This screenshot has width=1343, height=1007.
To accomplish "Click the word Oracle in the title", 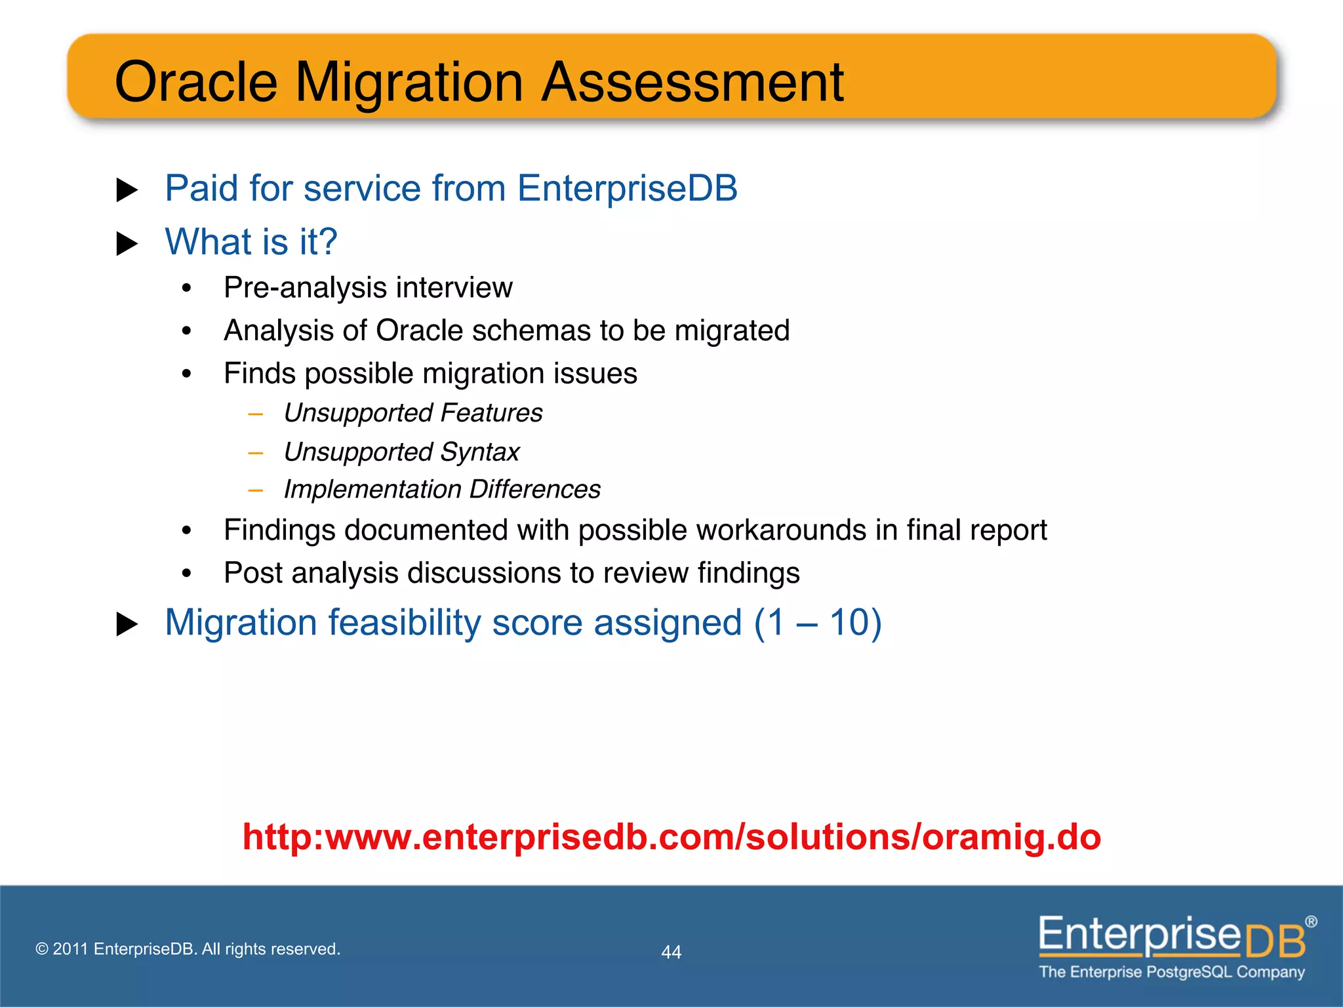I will pos(196,83).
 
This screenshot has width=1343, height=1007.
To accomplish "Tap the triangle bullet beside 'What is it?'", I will pos(127,244).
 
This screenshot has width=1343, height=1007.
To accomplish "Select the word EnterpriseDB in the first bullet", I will pos(627,189).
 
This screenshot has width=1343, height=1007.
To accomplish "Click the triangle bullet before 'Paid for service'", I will pos(127,190).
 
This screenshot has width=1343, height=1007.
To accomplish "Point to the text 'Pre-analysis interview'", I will pos(368,288).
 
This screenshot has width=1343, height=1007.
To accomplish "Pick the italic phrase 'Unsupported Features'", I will pos(412,413).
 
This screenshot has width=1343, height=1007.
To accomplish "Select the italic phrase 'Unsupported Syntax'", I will pos(401,452).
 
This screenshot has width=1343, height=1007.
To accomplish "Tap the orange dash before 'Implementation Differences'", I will pos(256,490).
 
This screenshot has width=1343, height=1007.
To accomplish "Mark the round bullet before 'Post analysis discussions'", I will pos(187,574).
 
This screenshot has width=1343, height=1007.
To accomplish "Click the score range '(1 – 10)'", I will pos(817,622).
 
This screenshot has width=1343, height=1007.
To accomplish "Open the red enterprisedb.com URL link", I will pos(671,837).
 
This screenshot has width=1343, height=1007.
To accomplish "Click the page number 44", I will pos(671,952).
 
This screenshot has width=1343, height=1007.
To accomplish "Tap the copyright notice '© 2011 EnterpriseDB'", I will pos(188,949).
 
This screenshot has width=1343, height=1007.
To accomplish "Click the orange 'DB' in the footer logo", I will pos(1274,942).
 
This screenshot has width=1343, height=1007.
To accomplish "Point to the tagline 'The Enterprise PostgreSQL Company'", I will pos(1171,972).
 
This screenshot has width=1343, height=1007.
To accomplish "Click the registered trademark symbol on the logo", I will pos(1311,922).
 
